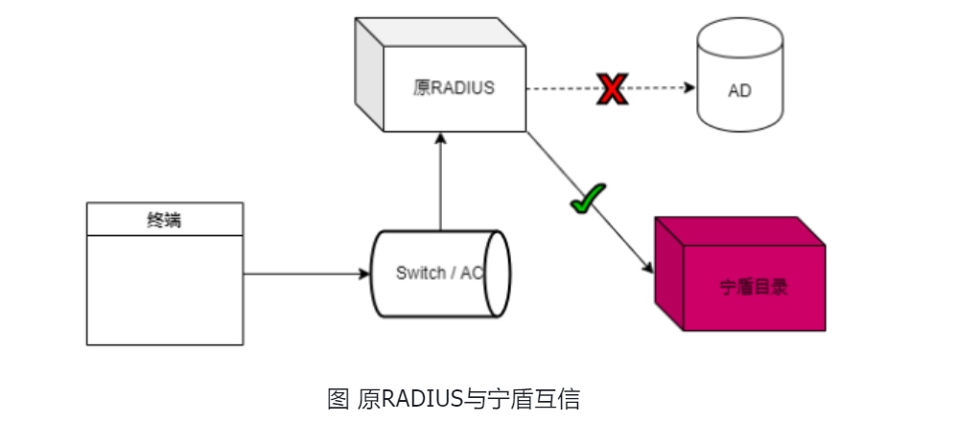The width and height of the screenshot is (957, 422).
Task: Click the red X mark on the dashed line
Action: point(611,89)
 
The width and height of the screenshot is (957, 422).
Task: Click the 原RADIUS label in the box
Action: point(454,88)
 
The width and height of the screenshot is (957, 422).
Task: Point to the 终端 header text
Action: point(164,220)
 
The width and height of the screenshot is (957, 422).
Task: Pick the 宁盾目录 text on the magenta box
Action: point(753,286)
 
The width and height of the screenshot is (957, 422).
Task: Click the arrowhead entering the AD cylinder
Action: point(689,89)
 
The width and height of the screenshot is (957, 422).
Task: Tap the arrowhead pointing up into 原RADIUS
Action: point(440,137)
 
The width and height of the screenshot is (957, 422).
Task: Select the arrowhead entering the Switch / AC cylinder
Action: point(364,274)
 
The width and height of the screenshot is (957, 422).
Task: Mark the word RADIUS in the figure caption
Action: point(409,398)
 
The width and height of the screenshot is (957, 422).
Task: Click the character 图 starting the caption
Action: point(338,398)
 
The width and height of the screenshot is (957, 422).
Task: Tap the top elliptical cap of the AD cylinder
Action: point(739,38)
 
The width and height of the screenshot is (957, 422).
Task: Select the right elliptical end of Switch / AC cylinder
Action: point(496,273)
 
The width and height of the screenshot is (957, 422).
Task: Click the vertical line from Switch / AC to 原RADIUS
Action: point(440,187)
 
